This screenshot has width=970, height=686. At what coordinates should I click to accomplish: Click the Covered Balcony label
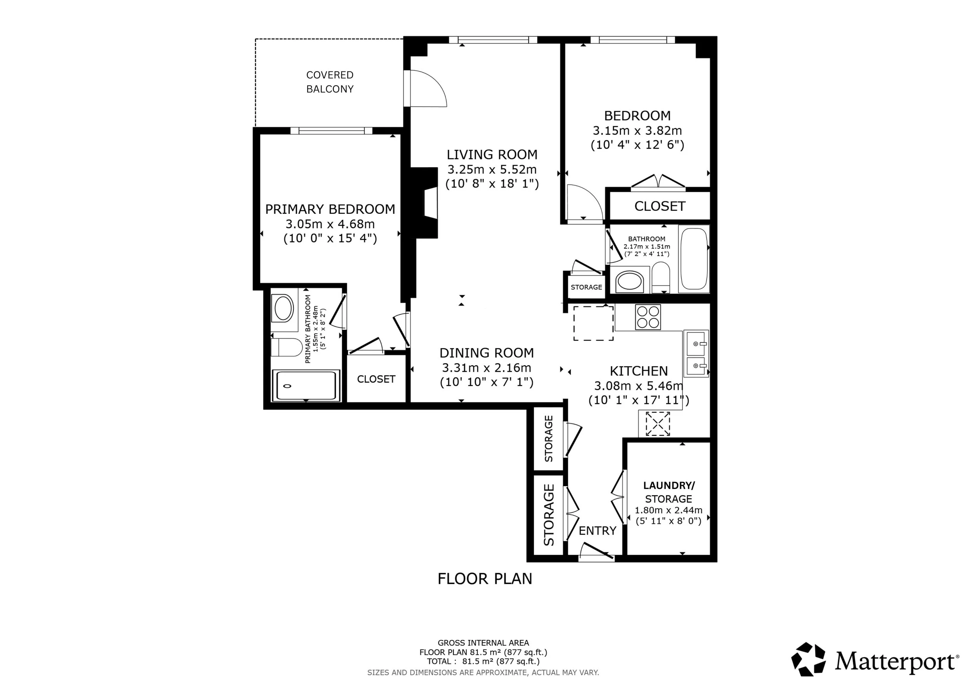click(x=329, y=81)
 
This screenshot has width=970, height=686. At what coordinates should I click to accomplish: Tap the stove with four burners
click(x=648, y=317)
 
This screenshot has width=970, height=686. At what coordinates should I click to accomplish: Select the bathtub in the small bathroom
click(x=694, y=258)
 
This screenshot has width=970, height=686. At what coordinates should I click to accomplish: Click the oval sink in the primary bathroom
click(x=284, y=308)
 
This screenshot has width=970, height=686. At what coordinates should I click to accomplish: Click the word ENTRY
click(x=597, y=531)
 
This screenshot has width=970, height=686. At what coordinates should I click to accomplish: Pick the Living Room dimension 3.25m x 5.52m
click(x=492, y=170)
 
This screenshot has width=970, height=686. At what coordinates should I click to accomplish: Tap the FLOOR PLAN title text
click(x=485, y=579)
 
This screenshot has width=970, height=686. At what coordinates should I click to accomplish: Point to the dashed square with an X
click(x=657, y=424)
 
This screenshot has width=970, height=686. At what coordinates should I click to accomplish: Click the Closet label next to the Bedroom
click(x=660, y=206)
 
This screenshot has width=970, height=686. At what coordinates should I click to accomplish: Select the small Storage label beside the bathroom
click(x=586, y=287)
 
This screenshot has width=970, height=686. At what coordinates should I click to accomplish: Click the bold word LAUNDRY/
click(x=669, y=485)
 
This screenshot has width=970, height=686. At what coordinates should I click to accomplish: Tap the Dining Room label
click(x=486, y=353)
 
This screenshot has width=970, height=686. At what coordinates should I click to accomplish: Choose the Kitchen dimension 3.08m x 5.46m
click(x=638, y=386)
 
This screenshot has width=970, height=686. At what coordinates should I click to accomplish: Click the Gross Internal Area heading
click(x=483, y=643)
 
